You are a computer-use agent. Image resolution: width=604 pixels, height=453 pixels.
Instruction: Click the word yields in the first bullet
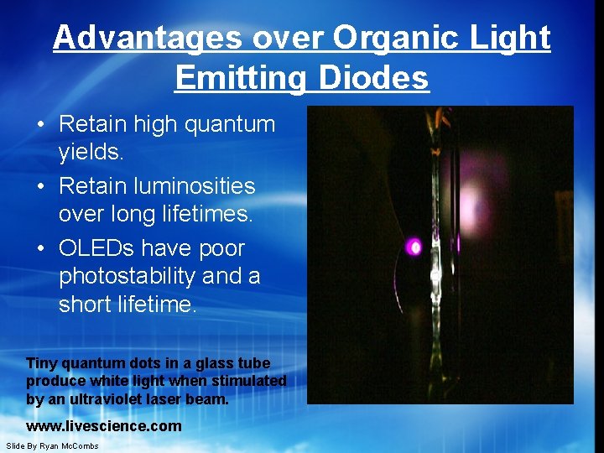pyautogui.click(x=91, y=152)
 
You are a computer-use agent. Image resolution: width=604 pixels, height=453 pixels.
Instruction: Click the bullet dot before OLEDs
pyautogui.click(x=40, y=249)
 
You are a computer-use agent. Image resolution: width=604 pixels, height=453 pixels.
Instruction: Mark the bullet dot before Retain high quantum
pyautogui.click(x=40, y=125)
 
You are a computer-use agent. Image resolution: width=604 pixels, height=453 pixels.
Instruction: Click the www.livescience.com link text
pyautogui.click(x=104, y=426)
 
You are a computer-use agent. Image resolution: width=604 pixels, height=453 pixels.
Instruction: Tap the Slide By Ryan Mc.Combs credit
pyautogui.click(x=52, y=445)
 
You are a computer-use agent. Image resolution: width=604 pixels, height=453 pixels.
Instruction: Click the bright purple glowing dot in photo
pyautogui.click(x=414, y=247)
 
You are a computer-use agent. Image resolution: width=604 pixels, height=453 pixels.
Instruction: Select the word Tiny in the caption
pyautogui.click(x=42, y=363)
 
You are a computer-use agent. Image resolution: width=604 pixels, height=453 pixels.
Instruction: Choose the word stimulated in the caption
pyautogui.click(x=252, y=381)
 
